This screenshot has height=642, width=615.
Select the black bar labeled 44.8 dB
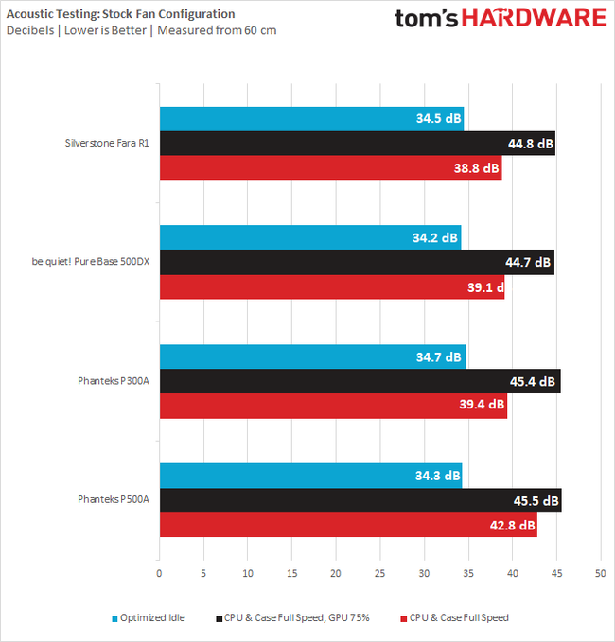tap(357, 144)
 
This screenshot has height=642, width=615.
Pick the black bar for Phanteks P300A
tap(360, 382)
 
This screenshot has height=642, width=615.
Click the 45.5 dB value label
tap(536, 502)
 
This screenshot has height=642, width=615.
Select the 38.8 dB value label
tap(477, 168)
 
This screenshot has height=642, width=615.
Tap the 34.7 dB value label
tap(439, 357)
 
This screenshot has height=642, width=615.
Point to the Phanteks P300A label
tap(114, 382)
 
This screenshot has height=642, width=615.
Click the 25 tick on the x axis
tap(379, 574)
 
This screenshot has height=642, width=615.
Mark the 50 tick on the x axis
tap(600, 574)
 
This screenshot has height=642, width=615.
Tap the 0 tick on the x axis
tap(159, 574)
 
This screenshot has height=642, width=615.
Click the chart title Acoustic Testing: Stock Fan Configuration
tap(120, 14)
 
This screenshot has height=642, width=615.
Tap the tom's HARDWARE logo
tap(501, 19)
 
